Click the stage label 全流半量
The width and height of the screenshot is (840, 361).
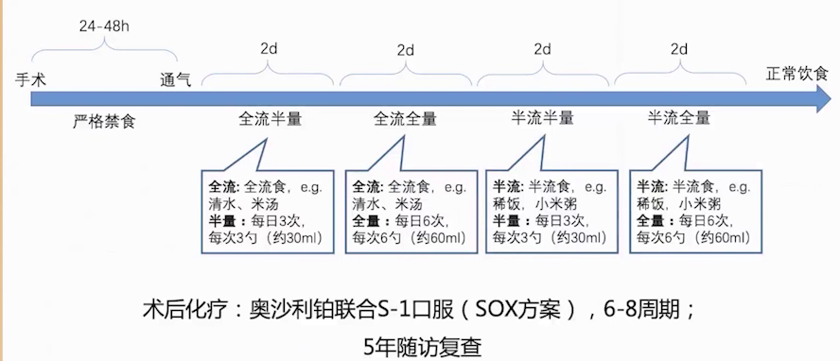point(270,119)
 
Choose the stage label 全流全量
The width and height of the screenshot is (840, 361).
point(406,119)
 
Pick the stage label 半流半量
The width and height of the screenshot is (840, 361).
point(543,119)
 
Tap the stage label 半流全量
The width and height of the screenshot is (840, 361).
point(678,119)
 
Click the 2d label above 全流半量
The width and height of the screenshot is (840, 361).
point(270,48)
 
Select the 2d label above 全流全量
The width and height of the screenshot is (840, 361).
point(406,48)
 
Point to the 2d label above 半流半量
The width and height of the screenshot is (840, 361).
point(543,48)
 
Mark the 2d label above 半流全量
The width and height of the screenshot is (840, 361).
point(678,48)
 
